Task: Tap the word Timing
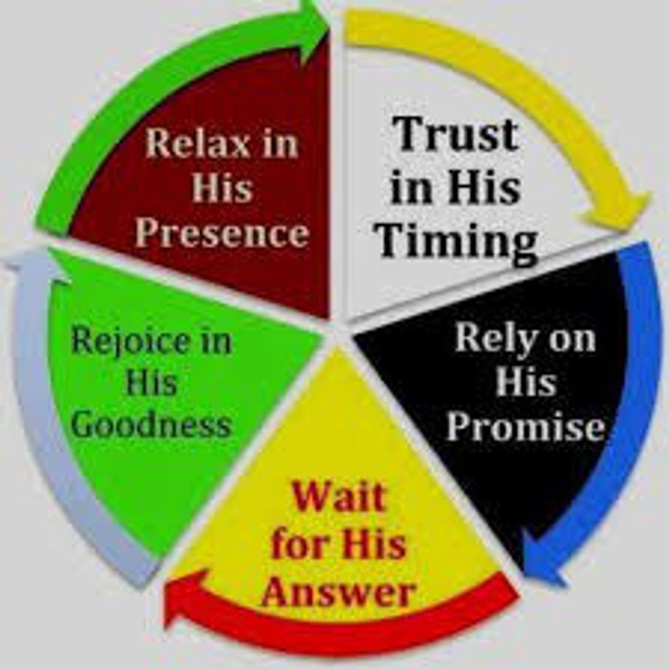point(457,242)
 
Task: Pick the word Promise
point(526,428)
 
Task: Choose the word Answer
point(338,591)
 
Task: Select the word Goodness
point(152,424)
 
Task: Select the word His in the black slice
point(525,382)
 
